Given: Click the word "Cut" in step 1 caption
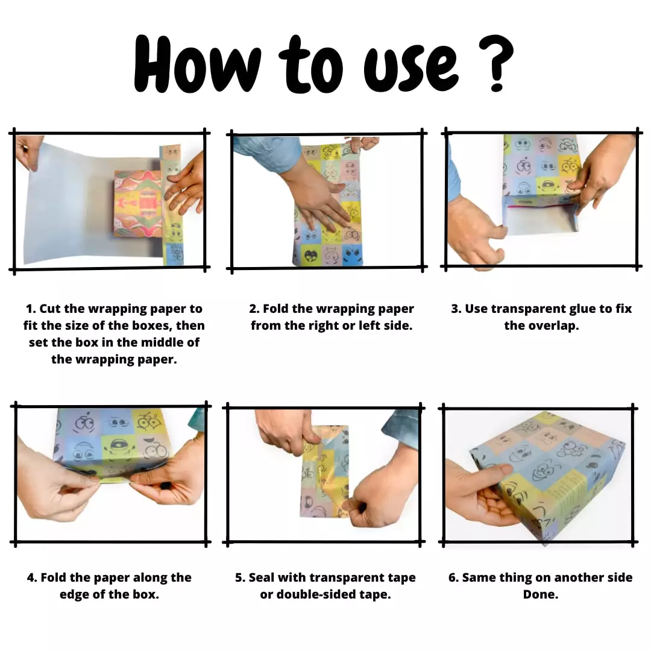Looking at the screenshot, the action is coord(50,309).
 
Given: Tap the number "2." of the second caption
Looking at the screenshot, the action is coord(254,309).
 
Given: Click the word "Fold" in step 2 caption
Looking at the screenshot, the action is coord(275,309).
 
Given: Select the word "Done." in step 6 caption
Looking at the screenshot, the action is coord(541,594).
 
